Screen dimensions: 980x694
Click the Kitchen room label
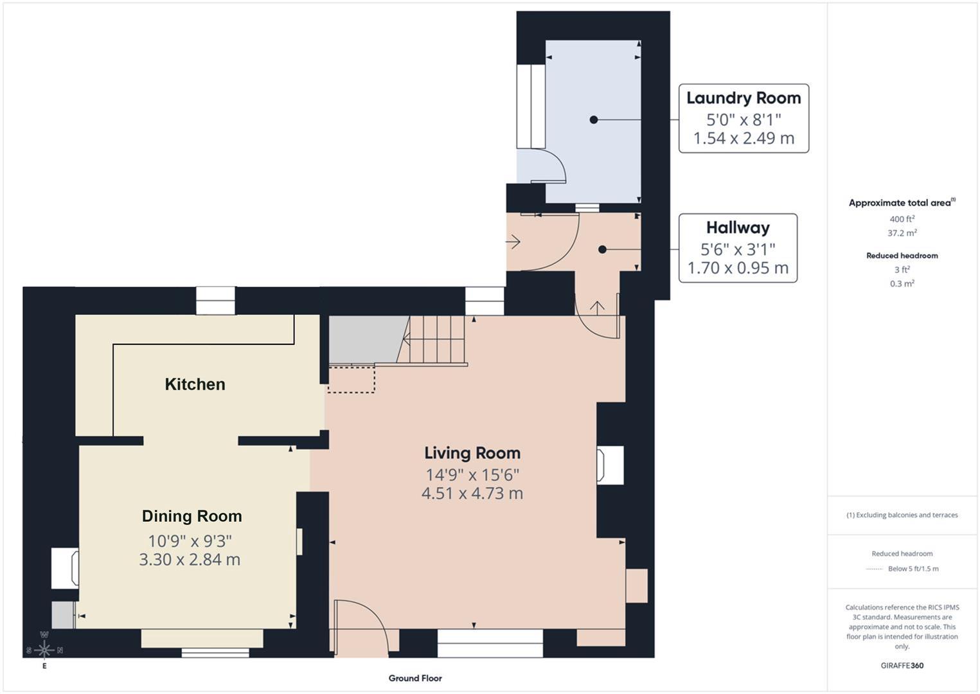tap(195, 384)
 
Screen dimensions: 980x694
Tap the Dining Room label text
tap(192, 516)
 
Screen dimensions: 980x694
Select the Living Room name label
tap(472, 453)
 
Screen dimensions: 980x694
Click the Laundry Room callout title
tap(744, 98)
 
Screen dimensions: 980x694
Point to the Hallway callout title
tap(738, 227)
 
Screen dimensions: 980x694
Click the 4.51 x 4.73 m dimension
tap(472, 493)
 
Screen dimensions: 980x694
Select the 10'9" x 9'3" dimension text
tap(190, 541)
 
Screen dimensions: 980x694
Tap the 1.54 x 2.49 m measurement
tap(744, 138)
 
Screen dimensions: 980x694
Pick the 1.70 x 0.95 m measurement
tap(738, 267)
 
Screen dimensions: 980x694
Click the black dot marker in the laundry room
tap(594, 120)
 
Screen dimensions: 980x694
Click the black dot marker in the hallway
tap(602, 249)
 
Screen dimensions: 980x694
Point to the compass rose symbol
tap(44, 650)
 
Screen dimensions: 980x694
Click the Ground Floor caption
tap(415, 678)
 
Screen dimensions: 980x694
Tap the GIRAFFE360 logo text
tap(902, 666)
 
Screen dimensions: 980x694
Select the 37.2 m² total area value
tap(902, 233)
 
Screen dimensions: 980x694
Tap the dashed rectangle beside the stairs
tap(352, 379)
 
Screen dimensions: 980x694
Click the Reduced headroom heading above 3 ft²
tap(902, 256)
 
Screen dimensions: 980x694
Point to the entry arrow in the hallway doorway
tap(513, 242)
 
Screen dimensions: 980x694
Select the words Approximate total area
tap(900, 203)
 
